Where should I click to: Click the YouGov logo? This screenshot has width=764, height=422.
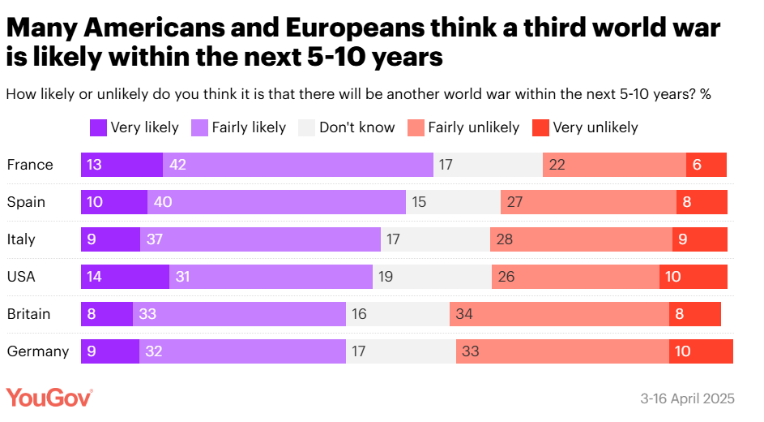(49, 398)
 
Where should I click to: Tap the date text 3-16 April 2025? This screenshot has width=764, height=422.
(687, 398)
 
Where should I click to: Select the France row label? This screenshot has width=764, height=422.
(30, 165)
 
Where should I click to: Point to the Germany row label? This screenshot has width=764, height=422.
(37, 351)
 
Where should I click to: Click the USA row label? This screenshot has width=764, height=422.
(21, 277)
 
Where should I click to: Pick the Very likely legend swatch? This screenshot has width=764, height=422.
(98, 127)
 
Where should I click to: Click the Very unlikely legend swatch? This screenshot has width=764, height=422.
(540, 127)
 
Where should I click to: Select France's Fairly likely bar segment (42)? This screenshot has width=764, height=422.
(298, 165)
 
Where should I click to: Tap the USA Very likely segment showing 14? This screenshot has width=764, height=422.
(125, 277)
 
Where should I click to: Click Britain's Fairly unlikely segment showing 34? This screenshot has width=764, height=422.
(559, 314)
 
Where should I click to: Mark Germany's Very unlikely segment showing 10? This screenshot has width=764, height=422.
(701, 351)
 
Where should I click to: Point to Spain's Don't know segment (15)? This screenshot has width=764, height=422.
(453, 202)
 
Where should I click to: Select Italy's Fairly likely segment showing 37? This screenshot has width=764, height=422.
(260, 239)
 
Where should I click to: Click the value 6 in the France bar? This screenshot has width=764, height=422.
(697, 165)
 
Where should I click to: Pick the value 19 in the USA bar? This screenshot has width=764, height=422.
(385, 277)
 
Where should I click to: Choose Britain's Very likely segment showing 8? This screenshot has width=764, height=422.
(106, 314)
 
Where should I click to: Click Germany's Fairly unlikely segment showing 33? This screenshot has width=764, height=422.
(562, 351)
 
